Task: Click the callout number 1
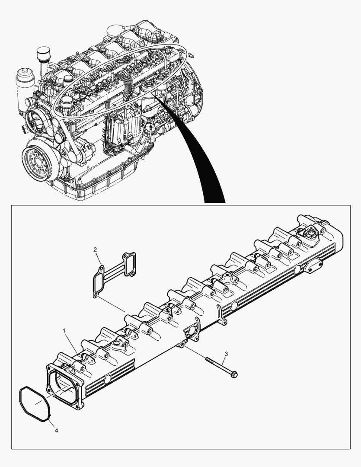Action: click(64, 331)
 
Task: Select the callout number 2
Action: click(95, 249)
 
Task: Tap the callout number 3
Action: click(226, 354)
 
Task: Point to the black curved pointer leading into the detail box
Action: click(203, 160)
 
